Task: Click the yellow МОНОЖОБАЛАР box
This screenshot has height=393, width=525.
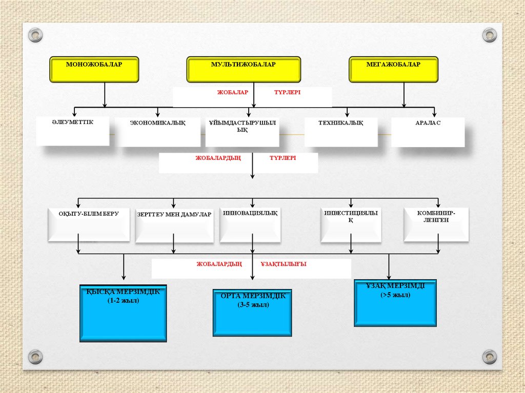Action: point(94,70)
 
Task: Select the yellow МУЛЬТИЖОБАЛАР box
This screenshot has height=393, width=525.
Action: point(244,70)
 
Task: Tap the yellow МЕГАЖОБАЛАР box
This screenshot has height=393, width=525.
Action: point(394,70)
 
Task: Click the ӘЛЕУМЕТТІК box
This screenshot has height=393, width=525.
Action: point(73,131)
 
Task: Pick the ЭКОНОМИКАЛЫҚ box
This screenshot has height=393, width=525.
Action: point(157,132)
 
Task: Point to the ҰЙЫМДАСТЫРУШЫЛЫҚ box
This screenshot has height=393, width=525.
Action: point(243,132)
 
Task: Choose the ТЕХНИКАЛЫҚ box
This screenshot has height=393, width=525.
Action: point(341,132)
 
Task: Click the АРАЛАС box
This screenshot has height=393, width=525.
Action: point(428,132)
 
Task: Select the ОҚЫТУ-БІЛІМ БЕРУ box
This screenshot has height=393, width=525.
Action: point(89,224)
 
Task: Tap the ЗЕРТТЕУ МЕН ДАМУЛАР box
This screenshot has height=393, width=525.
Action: point(174,225)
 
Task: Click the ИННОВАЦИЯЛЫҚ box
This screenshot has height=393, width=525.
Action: point(251,224)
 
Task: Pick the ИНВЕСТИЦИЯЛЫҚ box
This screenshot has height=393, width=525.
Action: point(351,224)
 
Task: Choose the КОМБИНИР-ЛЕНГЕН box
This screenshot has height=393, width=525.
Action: point(436,224)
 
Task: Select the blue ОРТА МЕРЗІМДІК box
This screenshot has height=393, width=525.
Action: point(252,313)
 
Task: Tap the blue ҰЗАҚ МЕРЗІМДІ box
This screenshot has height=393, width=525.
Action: point(395,303)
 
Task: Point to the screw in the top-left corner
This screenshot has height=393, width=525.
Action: point(35,35)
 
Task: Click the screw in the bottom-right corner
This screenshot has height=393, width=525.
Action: point(490,357)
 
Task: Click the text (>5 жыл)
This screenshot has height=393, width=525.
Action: point(395,296)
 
